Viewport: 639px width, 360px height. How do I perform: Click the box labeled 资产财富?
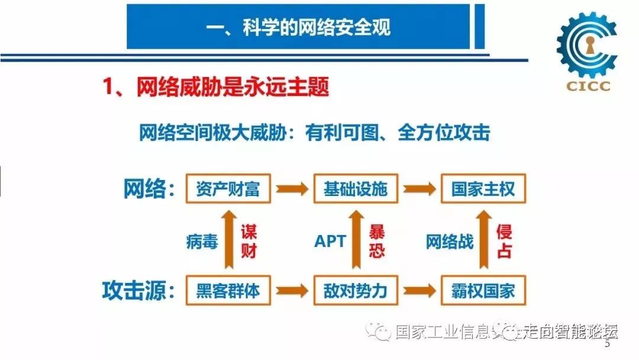tap(228, 189)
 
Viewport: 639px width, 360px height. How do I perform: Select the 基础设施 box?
tap(356, 189)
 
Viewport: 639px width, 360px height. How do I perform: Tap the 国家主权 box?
tap(483, 189)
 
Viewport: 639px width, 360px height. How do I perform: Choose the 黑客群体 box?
tap(228, 290)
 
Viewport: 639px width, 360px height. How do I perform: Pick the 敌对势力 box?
tap(356, 290)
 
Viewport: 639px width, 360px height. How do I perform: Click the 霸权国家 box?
tap(483, 290)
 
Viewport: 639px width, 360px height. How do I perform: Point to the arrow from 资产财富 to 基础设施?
tap(291, 189)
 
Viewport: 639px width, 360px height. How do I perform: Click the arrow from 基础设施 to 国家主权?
tap(419, 189)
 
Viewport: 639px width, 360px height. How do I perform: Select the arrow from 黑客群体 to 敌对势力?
tap(291, 290)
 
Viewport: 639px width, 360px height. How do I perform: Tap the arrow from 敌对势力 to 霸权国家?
tap(419, 290)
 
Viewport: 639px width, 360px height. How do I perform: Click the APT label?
tap(330, 242)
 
